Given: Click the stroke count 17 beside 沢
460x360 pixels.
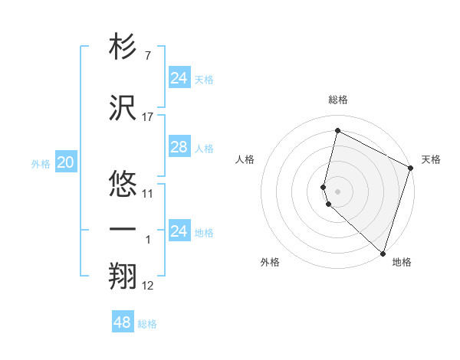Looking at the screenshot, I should (x=148, y=117).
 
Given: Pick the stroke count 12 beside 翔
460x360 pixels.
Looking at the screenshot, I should (x=148, y=286).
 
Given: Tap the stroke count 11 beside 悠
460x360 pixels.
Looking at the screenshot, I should (x=148, y=194).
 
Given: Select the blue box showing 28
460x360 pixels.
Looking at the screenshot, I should (x=179, y=147).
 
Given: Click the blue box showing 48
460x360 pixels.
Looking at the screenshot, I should (x=122, y=322).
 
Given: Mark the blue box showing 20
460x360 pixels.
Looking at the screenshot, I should (x=66, y=162).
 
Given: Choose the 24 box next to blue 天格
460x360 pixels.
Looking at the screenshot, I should (x=179, y=78).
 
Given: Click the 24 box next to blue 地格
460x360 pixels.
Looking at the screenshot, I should (x=179, y=231).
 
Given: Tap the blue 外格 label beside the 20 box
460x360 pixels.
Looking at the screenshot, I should (x=41, y=164).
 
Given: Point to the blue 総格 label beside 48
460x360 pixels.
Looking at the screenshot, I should (x=147, y=324).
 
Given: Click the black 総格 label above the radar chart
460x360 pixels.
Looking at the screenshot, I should (x=338, y=100).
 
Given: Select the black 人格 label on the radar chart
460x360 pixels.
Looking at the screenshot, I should (x=245, y=159).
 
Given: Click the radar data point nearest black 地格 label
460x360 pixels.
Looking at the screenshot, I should (x=383, y=253).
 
